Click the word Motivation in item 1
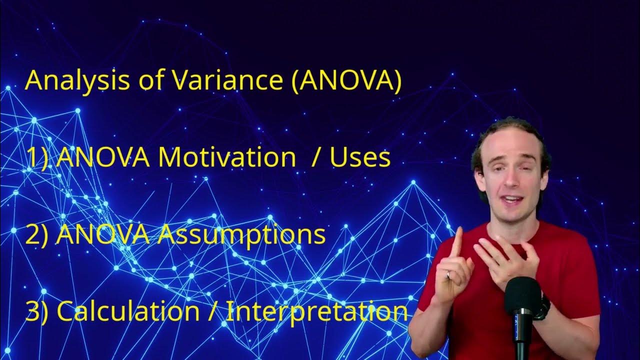click(226, 157)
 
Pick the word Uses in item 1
click(360, 157)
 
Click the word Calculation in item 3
click(128, 311)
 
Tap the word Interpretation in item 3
click(317, 311)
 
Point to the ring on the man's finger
click(449, 274)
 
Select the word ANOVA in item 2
click(102, 235)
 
